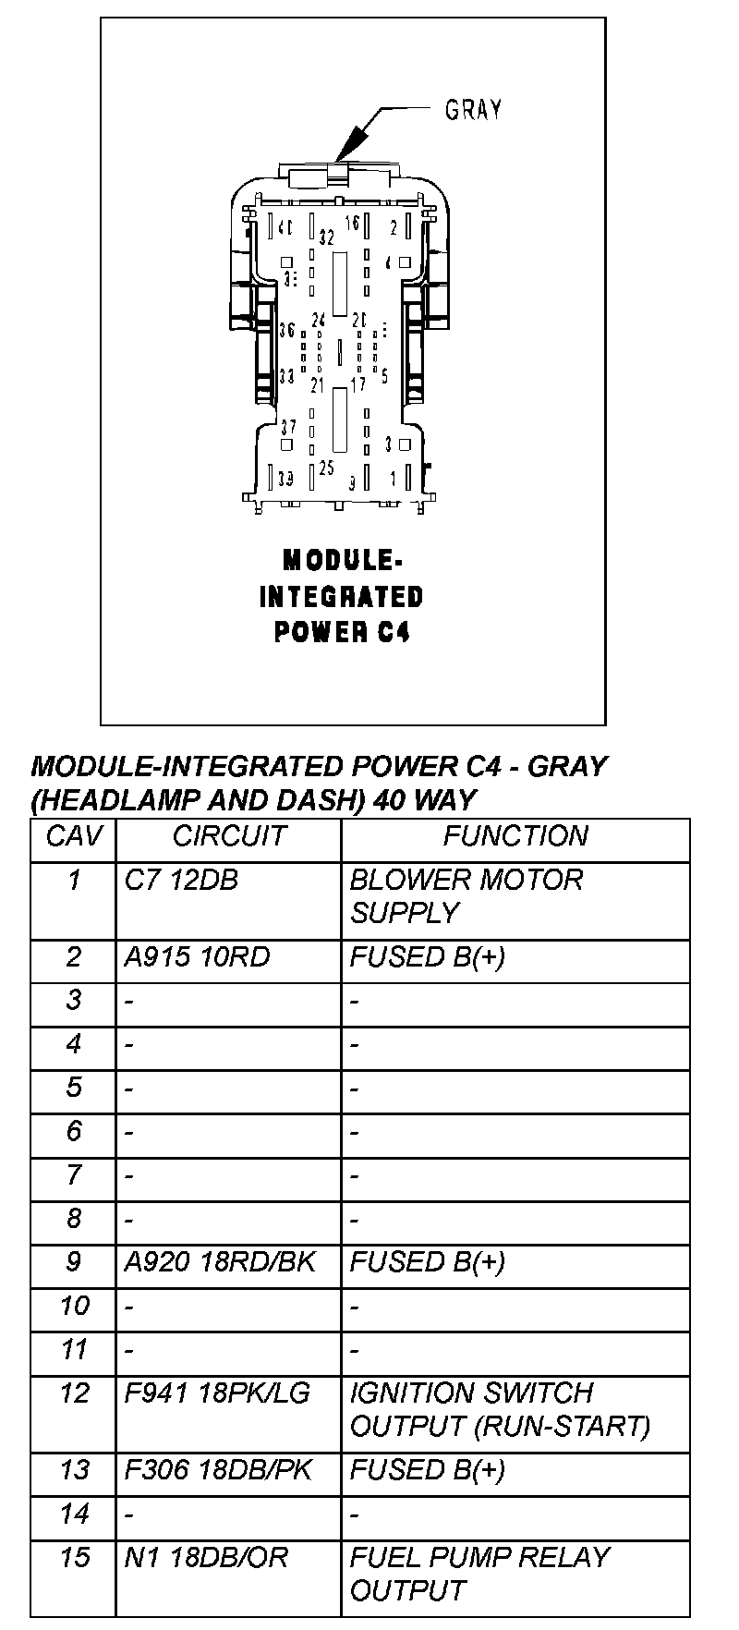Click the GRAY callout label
click(x=473, y=110)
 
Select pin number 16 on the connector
click(x=352, y=222)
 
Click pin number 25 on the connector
click(x=325, y=468)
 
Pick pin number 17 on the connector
click(x=357, y=383)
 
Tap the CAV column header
click(x=73, y=836)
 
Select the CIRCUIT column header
click(x=229, y=836)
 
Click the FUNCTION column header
click(x=515, y=836)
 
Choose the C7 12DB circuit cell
click(x=181, y=881)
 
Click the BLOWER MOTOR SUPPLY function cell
click(x=466, y=896)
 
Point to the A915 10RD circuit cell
click(x=197, y=957)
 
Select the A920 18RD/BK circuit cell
click(x=220, y=1262)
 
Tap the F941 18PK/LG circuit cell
click(x=218, y=1393)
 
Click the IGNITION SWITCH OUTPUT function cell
click(x=500, y=1409)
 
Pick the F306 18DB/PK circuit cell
click(x=219, y=1470)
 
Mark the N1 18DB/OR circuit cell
click(x=206, y=1558)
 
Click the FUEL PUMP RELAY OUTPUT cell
click(x=479, y=1574)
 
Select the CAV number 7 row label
click(x=73, y=1175)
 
